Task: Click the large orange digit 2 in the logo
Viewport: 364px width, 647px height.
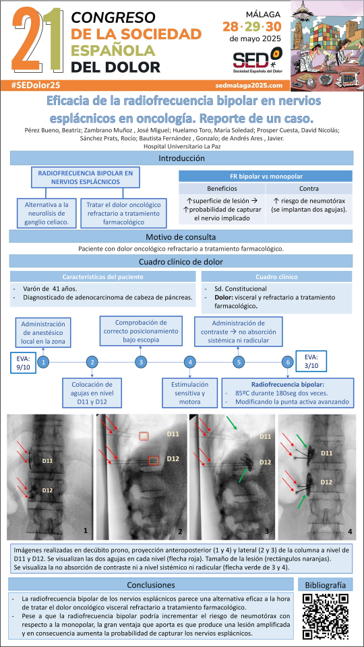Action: click(27, 39)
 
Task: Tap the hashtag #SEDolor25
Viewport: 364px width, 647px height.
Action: click(36, 85)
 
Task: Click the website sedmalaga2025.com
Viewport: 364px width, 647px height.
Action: click(249, 86)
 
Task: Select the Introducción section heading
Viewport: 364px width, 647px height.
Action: click(181, 158)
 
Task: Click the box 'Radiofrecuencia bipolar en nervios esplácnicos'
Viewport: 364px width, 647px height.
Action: click(86, 177)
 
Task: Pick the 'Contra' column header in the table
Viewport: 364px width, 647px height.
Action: click(309, 189)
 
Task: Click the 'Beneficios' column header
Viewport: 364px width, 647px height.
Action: click(222, 189)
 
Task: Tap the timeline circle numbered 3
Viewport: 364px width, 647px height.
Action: click(141, 363)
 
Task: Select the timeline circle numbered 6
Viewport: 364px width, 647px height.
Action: click(288, 363)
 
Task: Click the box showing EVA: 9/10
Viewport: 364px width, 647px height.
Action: click(24, 363)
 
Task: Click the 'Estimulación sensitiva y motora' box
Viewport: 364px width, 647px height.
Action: click(190, 393)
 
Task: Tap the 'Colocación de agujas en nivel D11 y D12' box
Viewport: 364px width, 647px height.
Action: click(92, 393)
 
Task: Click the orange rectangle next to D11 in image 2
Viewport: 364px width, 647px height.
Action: click(144, 436)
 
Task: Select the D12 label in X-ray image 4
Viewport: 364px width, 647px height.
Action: click(326, 482)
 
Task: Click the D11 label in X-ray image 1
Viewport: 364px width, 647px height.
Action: click(49, 459)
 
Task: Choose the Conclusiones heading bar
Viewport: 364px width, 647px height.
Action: click(151, 585)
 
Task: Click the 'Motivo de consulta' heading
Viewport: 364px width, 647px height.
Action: click(181, 237)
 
